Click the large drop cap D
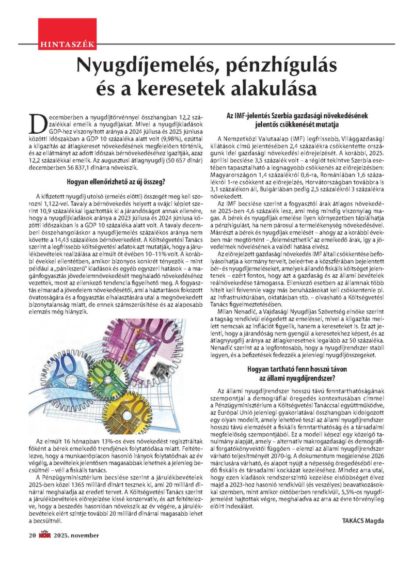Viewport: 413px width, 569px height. [x=38, y=122]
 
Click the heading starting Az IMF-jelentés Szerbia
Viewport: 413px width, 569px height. [x=303, y=117]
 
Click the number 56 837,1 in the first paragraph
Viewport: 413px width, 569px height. [x=87, y=168]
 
